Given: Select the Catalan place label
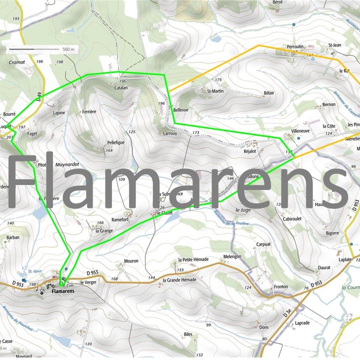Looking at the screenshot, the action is point(121,87).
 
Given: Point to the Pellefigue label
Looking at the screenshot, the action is point(115,143).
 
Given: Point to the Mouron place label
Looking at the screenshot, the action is point(130,261).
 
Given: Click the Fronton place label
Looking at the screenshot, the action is point(280,286).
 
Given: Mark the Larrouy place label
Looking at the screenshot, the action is point(170,134).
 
